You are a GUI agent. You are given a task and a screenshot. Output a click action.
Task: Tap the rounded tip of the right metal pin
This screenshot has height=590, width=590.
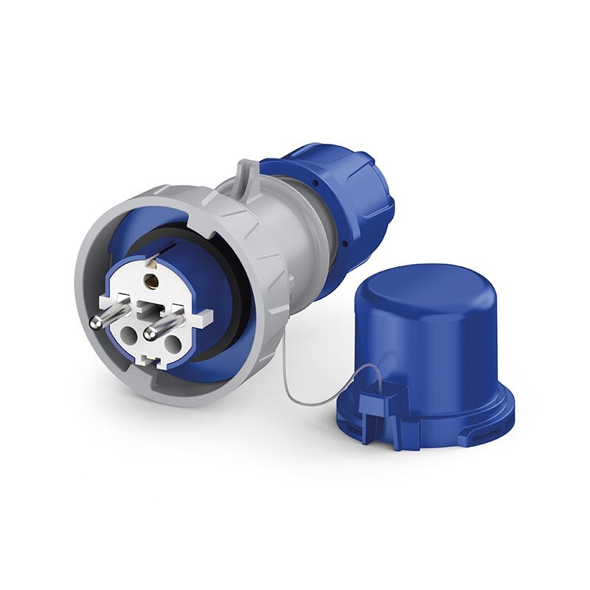coord(150,333)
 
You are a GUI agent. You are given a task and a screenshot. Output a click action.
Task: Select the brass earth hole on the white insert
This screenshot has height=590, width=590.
coord(155,280)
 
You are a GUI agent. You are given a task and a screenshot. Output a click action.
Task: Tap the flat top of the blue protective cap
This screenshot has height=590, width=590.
coord(413,295)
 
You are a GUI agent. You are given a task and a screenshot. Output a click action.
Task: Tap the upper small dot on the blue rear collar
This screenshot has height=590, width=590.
coord(315,178)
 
